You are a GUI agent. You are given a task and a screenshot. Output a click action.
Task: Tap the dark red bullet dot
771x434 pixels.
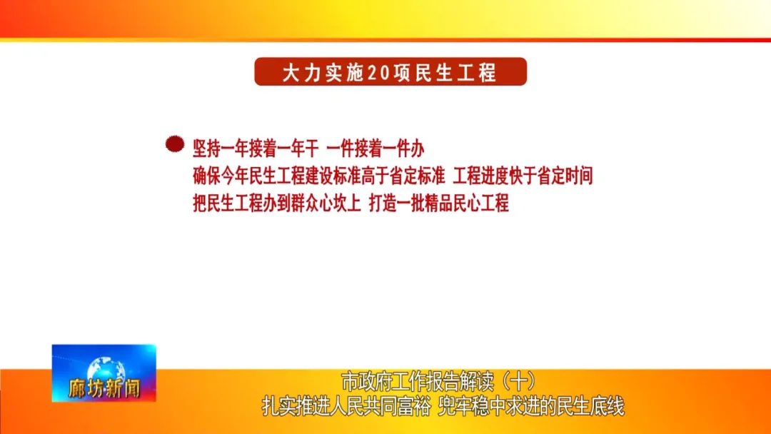click(x=175, y=144)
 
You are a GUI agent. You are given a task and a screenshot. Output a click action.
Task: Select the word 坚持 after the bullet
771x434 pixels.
click(x=206, y=148)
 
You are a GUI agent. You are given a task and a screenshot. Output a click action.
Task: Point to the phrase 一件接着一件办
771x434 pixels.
click(x=376, y=148)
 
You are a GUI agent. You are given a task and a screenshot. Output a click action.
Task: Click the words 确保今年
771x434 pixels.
click(x=221, y=176)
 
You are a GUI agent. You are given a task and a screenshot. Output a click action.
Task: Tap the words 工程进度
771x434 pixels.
click(x=480, y=176)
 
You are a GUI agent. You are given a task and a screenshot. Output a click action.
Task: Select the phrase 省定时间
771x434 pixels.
click(x=565, y=176)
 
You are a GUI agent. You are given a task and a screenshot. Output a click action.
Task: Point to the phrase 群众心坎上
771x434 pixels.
click(x=326, y=203)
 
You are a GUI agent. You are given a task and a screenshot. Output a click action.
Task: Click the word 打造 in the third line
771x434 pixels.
click(x=383, y=203)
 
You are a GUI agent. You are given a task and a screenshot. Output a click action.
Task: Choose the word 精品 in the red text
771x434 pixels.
click(x=438, y=203)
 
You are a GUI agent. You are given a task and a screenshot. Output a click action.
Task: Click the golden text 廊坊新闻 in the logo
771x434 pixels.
click(x=104, y=389)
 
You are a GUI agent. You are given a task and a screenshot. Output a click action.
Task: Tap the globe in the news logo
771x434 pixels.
click(x=106, y=368)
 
